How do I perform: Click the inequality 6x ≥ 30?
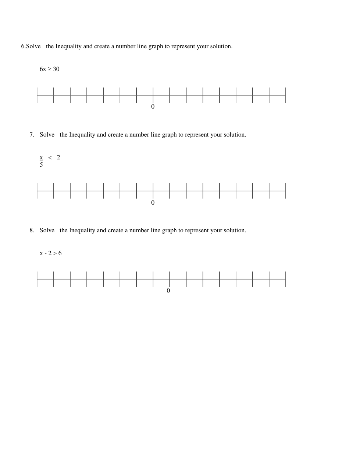pyautogui.click(x=49, y=69)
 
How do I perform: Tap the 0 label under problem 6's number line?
pyautogui.click(x=153, y=107)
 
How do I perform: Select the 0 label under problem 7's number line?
pyautogui.click(x=153, y=203)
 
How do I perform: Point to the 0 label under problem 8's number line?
pyautogui.click(x=168, y=291)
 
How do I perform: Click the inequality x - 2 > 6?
pyautogui.click(x=51, y=253)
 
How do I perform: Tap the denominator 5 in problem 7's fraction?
pyautogui.click(x=41, y=165)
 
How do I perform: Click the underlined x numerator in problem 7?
pyautogui.click(x=41, y=158)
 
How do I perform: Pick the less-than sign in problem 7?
pyautogui.click(x=50, y=158)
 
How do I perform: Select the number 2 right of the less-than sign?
pyautogui.click(x=58, y=158)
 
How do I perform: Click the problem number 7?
pyautogui.click(x=32, y=135)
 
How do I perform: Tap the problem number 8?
pyautogui.click(x=32, y=230)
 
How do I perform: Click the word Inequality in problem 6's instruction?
pyautogui.click(x=68, y=46)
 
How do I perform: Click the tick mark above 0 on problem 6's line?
pyautogui.click(x=153, y=95)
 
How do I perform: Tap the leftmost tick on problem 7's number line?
pyautogui.click(x=37, y=191)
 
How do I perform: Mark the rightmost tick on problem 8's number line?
pyautogui.click(x=285, y=279)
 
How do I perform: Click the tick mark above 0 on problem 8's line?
pyautogui.click(x=170, y=279)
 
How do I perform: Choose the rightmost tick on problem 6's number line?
pyautogui.click(x=285, y=95)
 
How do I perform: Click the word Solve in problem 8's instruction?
pyautogui.click(x=47, y=230)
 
